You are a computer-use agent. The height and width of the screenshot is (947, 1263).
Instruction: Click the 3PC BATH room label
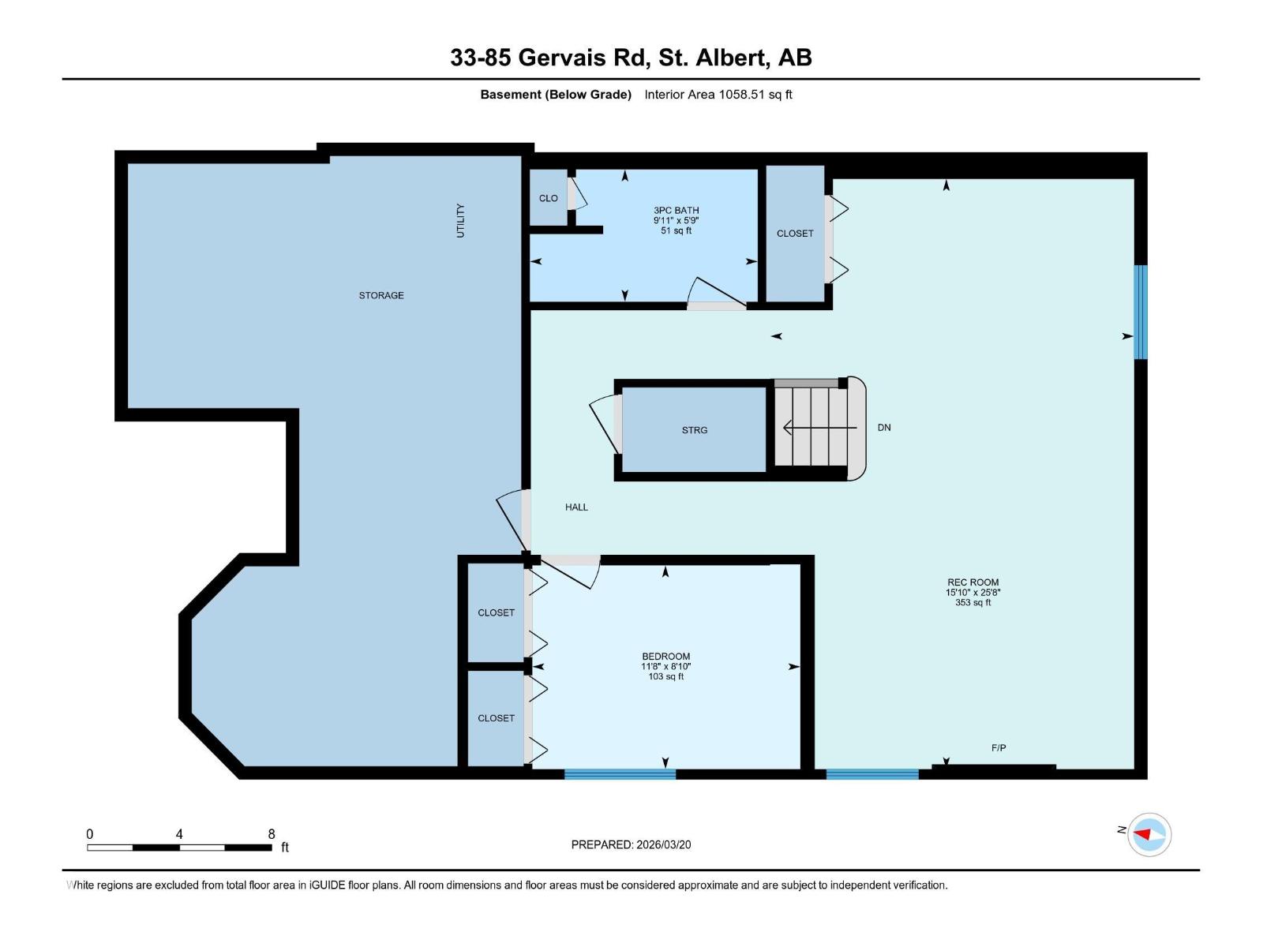click(676, 211)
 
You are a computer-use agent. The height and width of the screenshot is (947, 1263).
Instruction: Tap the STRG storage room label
click(695, 430)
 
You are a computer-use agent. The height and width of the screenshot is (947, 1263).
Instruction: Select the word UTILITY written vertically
click(460, 220)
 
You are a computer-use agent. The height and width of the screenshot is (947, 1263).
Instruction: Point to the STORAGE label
click(381, 295)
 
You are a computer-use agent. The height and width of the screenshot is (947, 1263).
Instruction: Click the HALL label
click(576, 507)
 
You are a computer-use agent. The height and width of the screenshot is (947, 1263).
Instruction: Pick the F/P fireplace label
click(999, 747)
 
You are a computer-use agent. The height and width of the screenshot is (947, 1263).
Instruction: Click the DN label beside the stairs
click(884, 428)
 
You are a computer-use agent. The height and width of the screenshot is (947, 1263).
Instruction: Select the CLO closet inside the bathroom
click(548, 198)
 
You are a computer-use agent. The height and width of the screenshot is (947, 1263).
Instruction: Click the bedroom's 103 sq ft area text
click(665, 676)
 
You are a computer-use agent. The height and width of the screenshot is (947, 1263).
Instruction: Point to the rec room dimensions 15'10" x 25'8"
click(973, 592)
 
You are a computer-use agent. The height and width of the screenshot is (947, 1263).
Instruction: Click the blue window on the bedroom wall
click(620, 774)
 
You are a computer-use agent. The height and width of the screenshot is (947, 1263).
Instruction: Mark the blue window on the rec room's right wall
click(1140, 312)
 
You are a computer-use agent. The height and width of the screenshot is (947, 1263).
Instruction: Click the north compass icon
click(1149, 834)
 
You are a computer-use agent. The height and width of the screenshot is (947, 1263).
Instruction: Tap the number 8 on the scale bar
click(272, 834)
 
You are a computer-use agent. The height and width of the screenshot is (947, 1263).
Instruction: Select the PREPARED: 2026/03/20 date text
click(631, 844)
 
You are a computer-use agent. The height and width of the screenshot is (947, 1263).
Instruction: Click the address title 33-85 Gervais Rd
click(631, 58)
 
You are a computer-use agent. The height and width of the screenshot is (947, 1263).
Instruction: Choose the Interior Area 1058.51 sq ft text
click(718, 95)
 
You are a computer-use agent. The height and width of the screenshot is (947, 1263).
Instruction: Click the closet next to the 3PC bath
click(795, 234)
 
